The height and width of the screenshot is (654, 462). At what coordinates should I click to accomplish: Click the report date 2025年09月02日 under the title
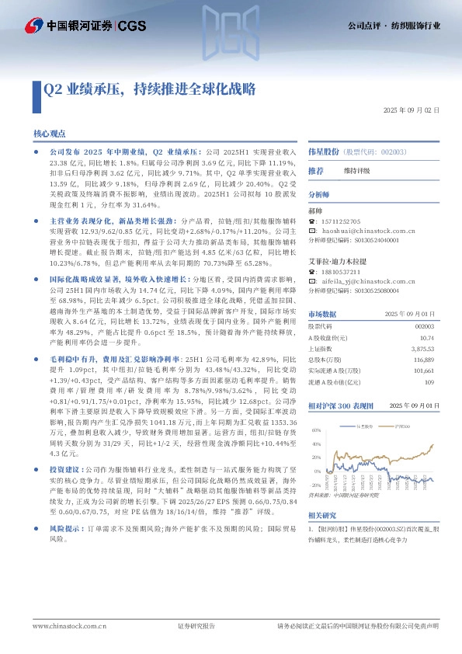[412, 111]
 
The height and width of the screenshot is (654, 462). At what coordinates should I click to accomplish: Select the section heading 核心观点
[50, 134]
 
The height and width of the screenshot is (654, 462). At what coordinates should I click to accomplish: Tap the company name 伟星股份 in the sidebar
[325, 153]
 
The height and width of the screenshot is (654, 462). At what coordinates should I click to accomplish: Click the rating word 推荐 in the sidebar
[316, 170]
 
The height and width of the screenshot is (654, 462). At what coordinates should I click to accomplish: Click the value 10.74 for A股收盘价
[425, 338]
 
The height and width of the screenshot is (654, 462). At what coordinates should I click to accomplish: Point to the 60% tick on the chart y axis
[315, 429]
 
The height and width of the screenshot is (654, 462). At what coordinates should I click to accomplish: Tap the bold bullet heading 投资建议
[64, 470]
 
